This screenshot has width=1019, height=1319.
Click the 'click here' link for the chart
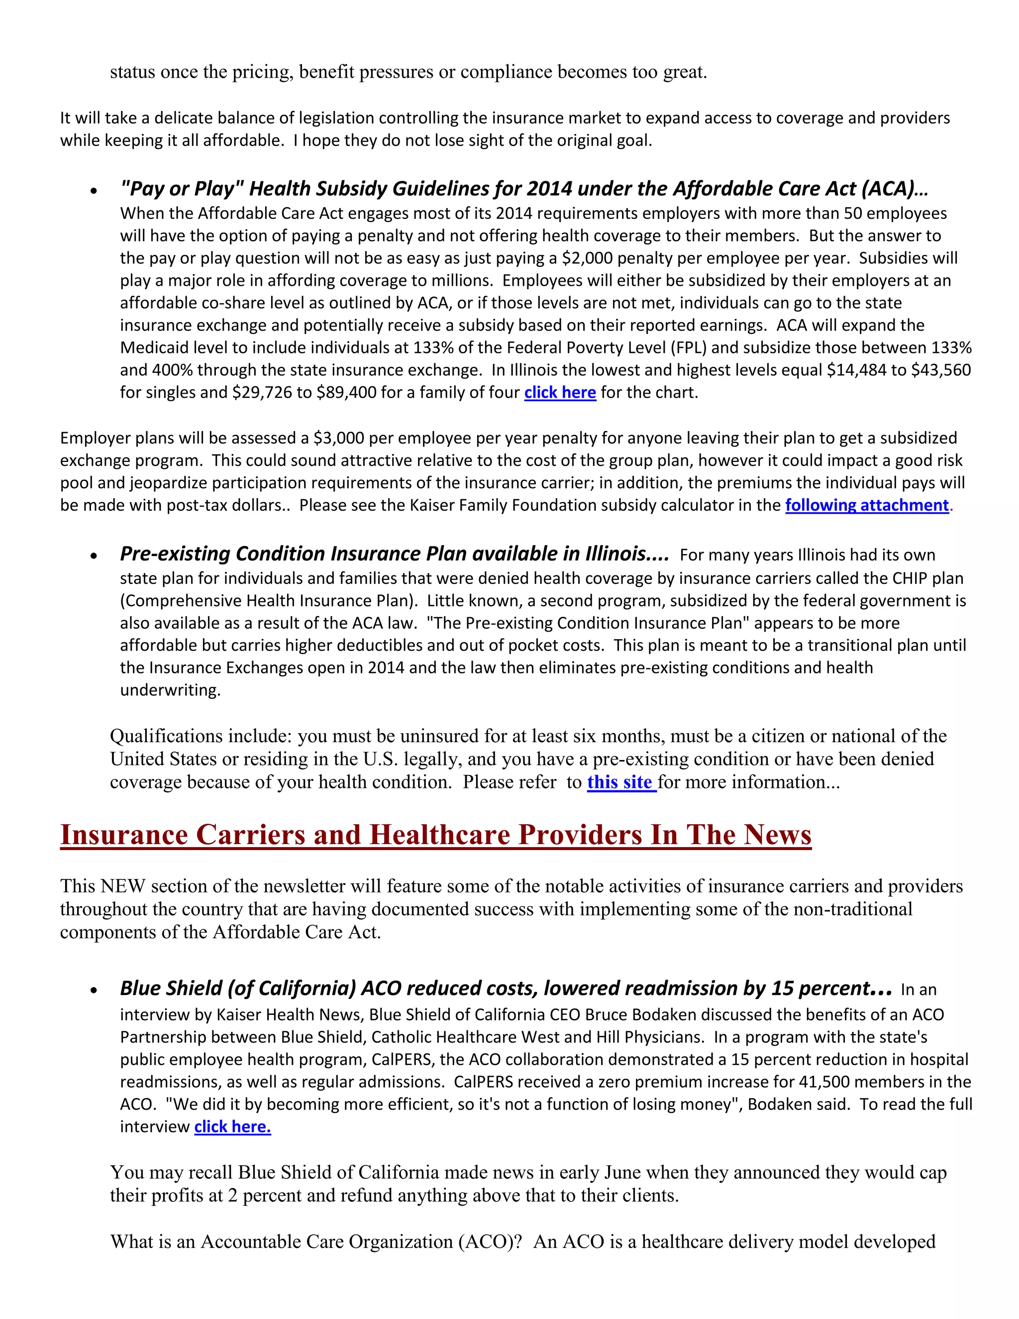[x=560, y=393]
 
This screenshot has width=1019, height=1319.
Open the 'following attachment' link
[x=867, y=505]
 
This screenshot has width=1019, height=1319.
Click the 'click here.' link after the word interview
[x=232, y=1126]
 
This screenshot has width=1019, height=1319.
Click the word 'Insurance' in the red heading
[x=124, y=835]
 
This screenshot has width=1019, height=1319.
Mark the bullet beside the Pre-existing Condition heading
[x=94, y=555]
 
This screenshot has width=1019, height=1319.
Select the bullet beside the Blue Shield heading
[x=94, y=990]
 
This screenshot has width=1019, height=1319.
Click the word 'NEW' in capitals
[x=123, y=886]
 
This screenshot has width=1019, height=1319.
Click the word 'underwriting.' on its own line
[x=170, y=690]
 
